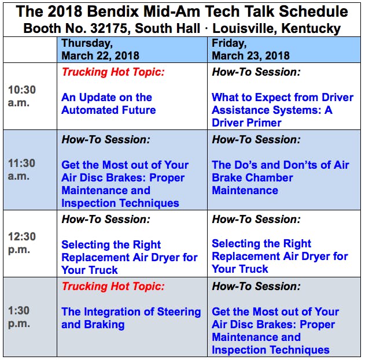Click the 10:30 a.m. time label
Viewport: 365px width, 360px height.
tap(22, 96)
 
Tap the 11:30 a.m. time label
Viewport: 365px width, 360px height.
tap(21, 169)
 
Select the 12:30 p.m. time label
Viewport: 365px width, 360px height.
tap(22, 243)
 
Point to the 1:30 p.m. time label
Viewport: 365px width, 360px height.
tap(19, 317)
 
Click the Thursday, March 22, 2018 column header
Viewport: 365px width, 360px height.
tap(100, 49)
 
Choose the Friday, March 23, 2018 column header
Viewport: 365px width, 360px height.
tap(250, 49)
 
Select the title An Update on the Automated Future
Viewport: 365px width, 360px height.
tap(109, 103)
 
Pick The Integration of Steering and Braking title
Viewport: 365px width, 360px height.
tap(131, 318)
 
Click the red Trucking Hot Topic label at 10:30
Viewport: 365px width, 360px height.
tap(113, 72)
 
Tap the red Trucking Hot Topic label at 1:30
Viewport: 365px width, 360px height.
tap(113, 286)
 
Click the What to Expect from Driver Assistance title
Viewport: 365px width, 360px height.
tap(283, 110)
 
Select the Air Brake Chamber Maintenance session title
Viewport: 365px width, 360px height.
tap(281, 177)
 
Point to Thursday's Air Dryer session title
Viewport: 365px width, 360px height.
tap(130, 257)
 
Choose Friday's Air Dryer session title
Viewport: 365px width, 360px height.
tap(280, 256)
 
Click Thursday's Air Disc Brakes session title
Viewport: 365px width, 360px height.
tap(125, 184)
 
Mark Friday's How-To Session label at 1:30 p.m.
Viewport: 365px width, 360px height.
tap(256, 286)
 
